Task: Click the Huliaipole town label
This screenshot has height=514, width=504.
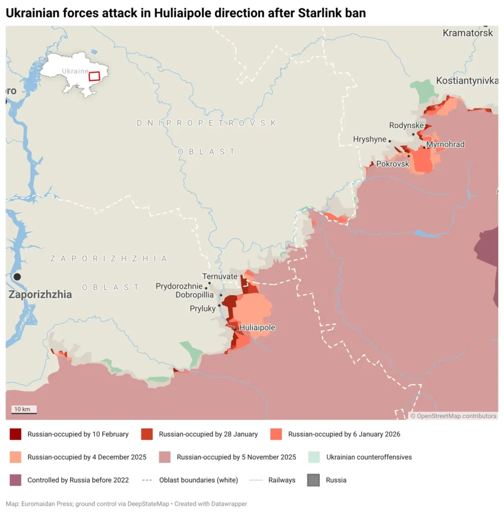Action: [x=257, y=328]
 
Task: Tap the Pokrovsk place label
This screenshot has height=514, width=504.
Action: [x=393, y=164]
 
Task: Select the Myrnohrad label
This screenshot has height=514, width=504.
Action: [x=445, y=145]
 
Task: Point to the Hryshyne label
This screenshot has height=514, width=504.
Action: [x=370, y=140]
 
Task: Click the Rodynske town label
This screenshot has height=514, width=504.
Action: [x=407, y=125]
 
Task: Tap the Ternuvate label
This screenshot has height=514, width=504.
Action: [x=220, y=276]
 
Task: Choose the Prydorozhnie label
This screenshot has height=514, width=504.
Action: [x=179, y=286]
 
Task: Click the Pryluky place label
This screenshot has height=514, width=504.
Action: [x=203, y=308]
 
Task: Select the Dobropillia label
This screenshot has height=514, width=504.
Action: [x=195, y=295]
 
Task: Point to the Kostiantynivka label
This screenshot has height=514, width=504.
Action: [x=467, y=81]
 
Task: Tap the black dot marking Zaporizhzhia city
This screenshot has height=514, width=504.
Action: [x=17, y=277]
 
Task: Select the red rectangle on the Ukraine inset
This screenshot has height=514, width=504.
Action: [x=94, y=76]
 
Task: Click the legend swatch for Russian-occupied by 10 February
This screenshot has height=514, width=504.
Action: [x=16, y=434]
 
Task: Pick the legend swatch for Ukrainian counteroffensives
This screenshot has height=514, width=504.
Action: [x=314, y=457]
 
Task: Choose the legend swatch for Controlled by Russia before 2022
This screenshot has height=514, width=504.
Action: [x=16, y=480]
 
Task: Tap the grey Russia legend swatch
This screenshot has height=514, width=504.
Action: [x=314, y=480]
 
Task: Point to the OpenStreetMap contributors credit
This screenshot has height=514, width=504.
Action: [x=453, y=416]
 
